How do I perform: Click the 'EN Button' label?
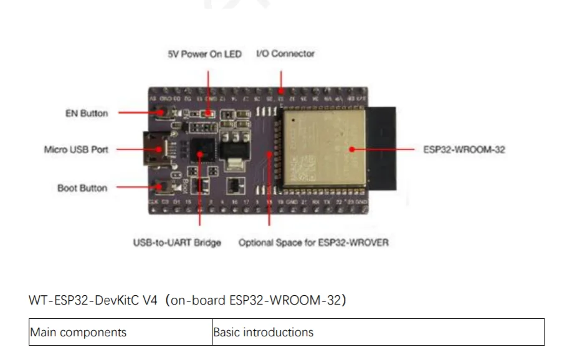(x=86, y=113)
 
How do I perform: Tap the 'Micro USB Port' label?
(x=76, y=149)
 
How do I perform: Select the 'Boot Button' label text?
(x=82, y=187)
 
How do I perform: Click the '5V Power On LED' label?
(x=204, y=54)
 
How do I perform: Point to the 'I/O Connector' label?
(x=285, y=54)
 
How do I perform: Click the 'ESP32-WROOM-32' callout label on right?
(x=464, y=150)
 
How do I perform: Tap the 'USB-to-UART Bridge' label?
(x=177, y=242)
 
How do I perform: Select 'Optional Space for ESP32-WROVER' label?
(x=313, y=242)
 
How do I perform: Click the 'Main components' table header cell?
(x=78, y=332)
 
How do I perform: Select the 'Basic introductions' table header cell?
(x=263, y=332)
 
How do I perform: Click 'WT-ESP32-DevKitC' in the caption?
(x=83, y=300)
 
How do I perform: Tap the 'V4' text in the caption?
(x=150, y=300)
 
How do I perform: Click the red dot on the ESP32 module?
(x=351, y=149)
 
